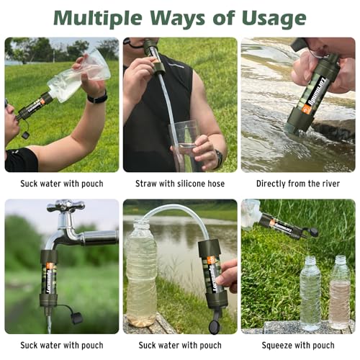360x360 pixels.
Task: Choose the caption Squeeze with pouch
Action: coord(298,345)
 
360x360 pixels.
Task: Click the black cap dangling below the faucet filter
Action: coord(75,316)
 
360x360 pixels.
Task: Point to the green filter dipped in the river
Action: coord(313,97)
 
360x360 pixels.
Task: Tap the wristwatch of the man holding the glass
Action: coord(217,158)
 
